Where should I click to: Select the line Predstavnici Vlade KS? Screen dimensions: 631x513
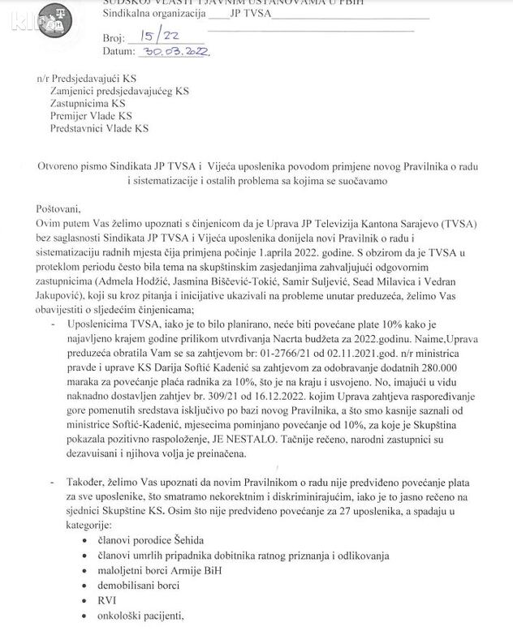coord(100,128)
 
